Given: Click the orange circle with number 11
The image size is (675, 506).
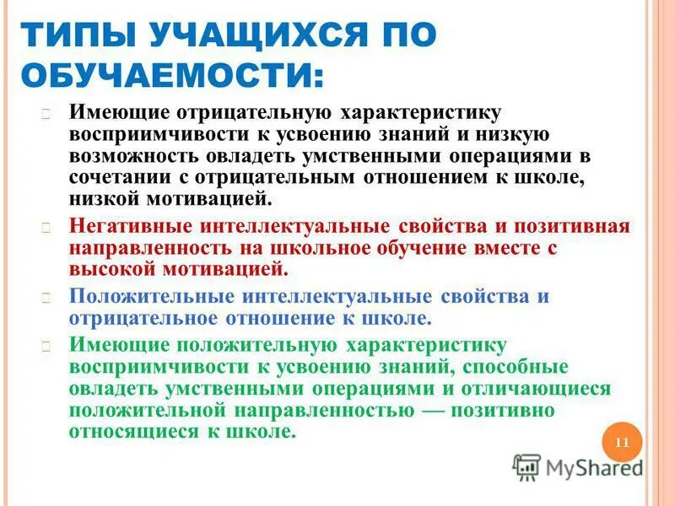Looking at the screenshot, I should click(x=623, y=443).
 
